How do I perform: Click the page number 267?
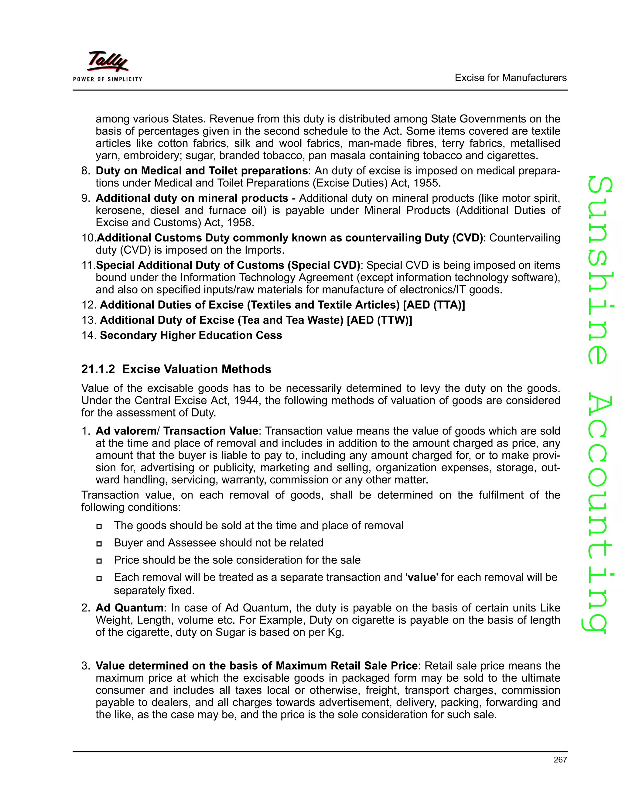pos(560,760)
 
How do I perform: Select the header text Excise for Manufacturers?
pos(510,78)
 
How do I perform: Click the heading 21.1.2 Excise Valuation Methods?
pos(176,369)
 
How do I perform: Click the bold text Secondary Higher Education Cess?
pos(191,335)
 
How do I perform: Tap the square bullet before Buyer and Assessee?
pos(99,544)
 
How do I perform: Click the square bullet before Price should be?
pos(99,561)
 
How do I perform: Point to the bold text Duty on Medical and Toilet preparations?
pos(202,171)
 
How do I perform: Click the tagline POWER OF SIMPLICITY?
pos(108,79)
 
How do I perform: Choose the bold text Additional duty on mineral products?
pos(192,198)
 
